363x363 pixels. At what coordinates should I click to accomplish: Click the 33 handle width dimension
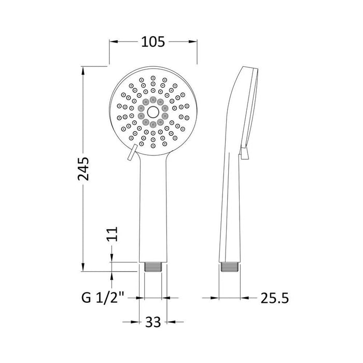pyautogui.click(x=152, y=322)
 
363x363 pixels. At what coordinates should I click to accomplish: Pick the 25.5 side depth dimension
pyautogui.click(x=273, y=298)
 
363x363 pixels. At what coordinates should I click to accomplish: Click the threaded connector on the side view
pyautogui.click(x=228, y=267)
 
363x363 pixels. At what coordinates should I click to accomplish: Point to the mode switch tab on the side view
pyautogui.click(x=244, y=152)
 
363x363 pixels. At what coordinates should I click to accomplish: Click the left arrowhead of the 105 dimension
pyautogui.click(x=112, y=42)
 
